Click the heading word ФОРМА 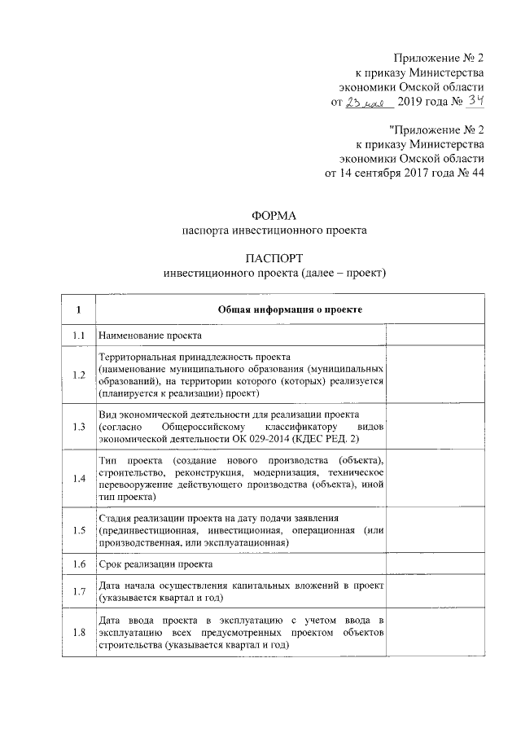pyautogui.click(x=274, y=216)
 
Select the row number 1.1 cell pyautogui.click(x=79, y=335)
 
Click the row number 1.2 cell pyautogui.click(x=79, y=375)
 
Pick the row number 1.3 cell pyautogui.click(x=79, y=427)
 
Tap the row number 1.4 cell pyautogui.click(x=79, y=479)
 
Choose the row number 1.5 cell pyautogui.click(x=79, y=530)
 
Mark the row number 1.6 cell pyautogui.click(x=79, y=564)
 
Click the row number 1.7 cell pyautogui.click(x=79, y=591)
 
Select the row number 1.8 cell pyautogui.click(x=79, y=632)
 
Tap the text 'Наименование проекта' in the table pyautogui.click(x=149, y=336)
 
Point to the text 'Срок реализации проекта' pyautogui.click(x=155, y=564)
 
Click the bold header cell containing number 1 pyautogui.click(x=79, y=309)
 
